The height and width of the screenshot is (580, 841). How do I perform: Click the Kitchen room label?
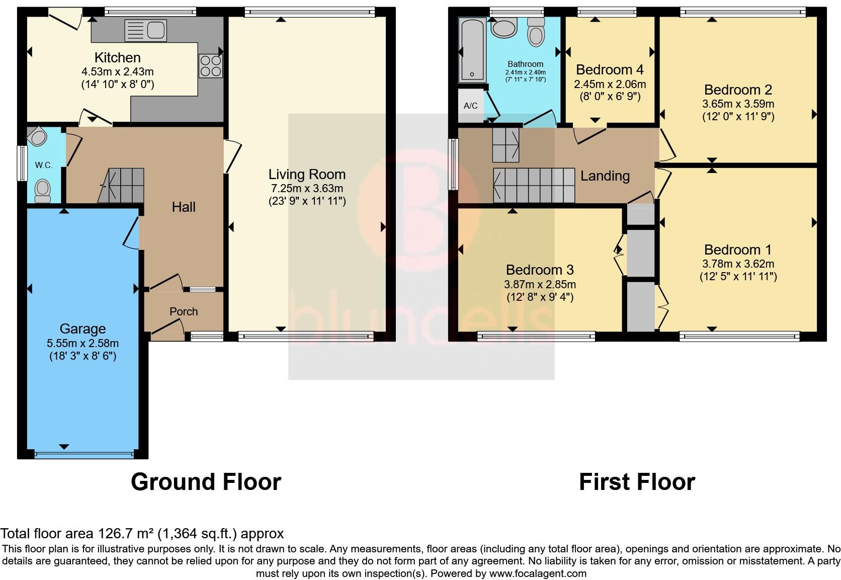coord(118,57)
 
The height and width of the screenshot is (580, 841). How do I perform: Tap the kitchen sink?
coord(146,30)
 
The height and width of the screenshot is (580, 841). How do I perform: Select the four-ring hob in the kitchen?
coord(211,66)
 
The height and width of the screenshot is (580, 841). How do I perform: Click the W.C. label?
coord(44,165)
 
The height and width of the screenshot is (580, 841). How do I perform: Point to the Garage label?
coord(82,329)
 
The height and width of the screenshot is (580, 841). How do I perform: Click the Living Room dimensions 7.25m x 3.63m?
coord(307,189)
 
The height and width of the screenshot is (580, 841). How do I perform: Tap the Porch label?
coord(184,311)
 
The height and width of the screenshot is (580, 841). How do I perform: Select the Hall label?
coord(184,207)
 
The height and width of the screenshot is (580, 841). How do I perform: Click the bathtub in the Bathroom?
coord(472,50)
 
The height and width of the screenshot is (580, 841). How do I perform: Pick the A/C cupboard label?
coord(470,106)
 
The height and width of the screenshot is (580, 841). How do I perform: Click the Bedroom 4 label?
coord(610,69)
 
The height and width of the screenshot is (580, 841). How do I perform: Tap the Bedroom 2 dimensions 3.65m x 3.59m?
coord(738,104)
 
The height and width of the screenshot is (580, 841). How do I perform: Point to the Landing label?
coord(605,176)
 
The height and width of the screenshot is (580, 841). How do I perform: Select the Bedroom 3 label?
coord(540,270)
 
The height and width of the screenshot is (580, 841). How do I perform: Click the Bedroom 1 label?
coord(738,250)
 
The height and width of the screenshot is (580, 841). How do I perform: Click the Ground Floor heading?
coord(206,482)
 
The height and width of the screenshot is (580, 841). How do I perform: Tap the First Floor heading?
coord(637,482)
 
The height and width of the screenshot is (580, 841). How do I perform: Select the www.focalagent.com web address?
coord(538,573)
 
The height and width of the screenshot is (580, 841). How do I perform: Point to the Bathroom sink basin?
coord(504,27)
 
